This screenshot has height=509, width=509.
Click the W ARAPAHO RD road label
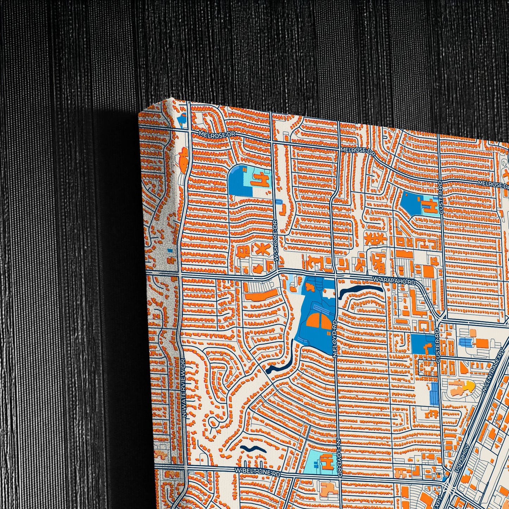[x=394, y=281]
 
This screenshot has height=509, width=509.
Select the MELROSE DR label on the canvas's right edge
[x=493, y=184]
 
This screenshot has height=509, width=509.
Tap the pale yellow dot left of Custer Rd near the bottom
[x=417, y=460]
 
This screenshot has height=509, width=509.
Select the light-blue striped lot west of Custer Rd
[x=434, y=393]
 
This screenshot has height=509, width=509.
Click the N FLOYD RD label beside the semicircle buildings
[x=334, y=338]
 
